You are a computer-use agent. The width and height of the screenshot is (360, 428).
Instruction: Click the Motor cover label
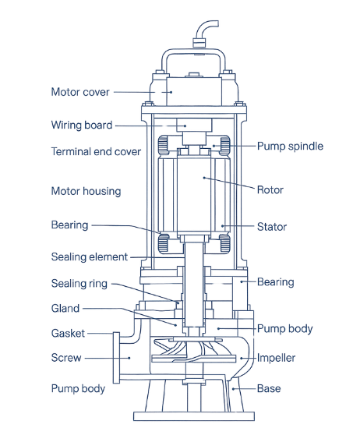point(80,92)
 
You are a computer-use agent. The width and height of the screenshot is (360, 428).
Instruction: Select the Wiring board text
point(82,125)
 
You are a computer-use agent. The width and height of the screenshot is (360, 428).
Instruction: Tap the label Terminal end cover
point(96,151)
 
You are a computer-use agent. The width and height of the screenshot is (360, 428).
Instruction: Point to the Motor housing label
point(86,191)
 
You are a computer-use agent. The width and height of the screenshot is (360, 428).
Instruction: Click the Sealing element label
point(90,256)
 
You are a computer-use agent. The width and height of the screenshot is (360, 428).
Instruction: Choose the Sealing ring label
point(79,284)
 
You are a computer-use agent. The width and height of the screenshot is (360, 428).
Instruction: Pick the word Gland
point(65,309)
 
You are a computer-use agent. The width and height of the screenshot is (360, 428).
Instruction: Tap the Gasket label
point(68,334)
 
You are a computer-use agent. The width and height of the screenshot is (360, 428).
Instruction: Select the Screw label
point(66,358)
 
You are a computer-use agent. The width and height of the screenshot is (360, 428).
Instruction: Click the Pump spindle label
point(290,147)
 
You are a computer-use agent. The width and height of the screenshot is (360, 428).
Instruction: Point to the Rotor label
point(270,190)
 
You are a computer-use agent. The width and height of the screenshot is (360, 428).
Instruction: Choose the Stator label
point(272,227)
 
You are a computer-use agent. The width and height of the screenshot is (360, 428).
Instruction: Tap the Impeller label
point(277,358)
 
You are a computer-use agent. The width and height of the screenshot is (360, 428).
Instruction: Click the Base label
point(269,388)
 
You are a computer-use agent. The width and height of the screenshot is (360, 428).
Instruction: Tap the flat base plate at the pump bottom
point(194,416)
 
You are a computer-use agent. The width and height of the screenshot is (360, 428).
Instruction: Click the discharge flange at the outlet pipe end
point(116,358)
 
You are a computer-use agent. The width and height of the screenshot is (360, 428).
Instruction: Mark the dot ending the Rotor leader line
point(204,178)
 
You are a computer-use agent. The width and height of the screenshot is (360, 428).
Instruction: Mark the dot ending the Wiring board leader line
point(185,126)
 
